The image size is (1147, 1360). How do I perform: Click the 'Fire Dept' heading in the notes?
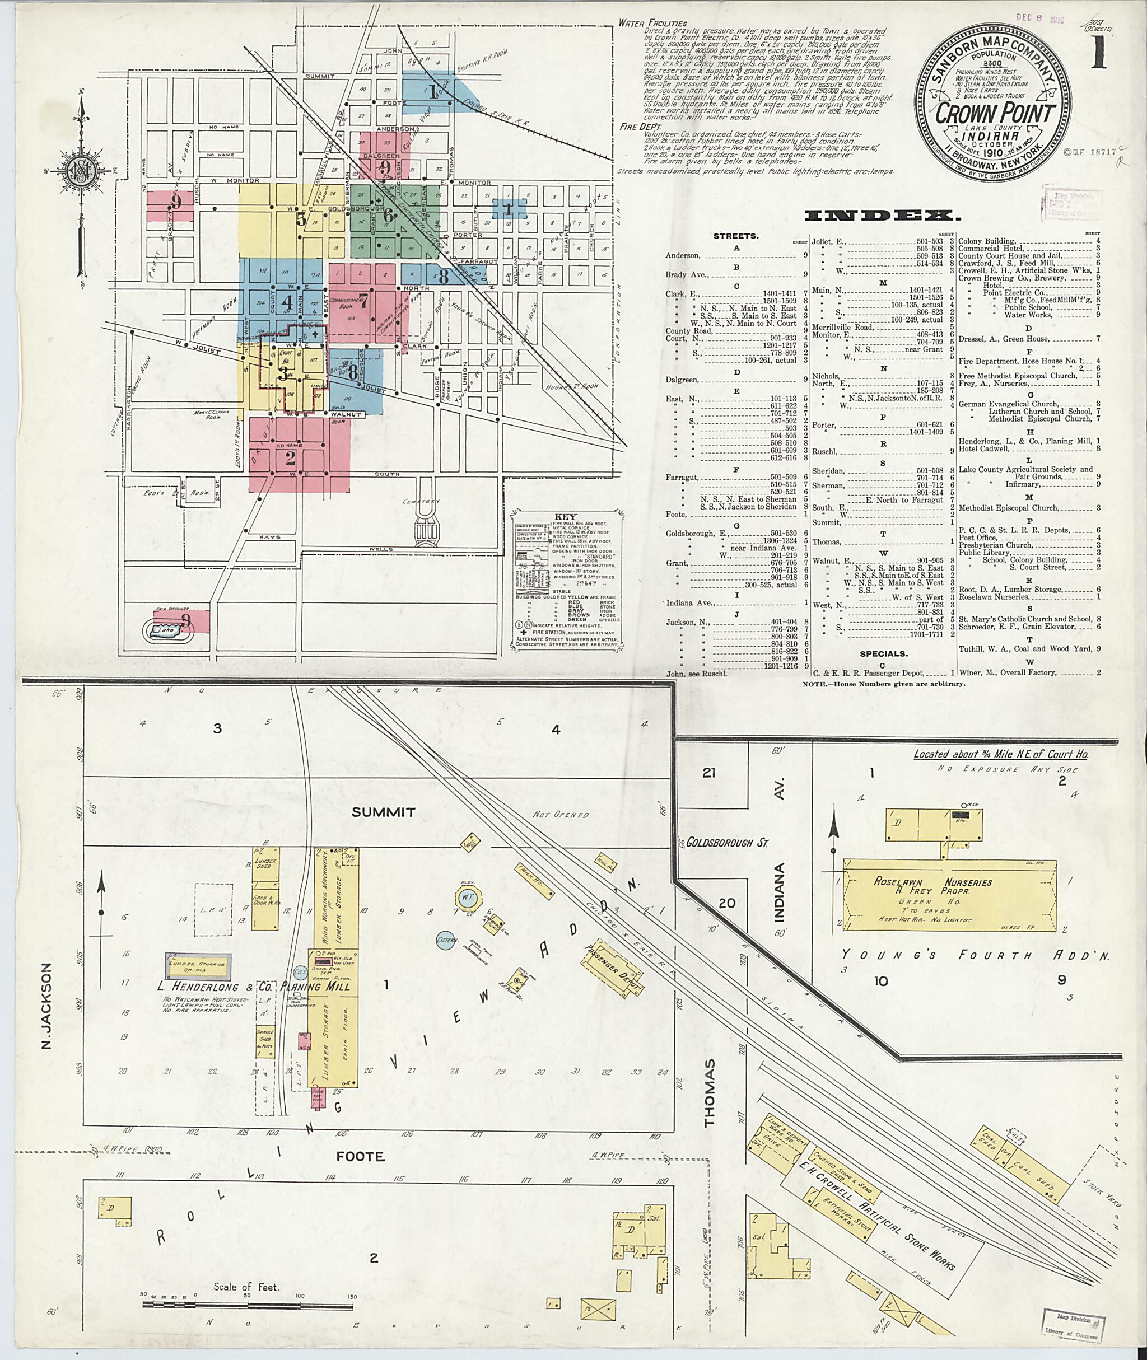coord(638,128)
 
